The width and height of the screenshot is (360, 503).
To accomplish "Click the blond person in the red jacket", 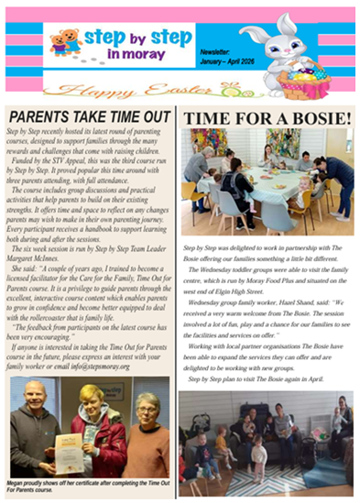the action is click(99, 431).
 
